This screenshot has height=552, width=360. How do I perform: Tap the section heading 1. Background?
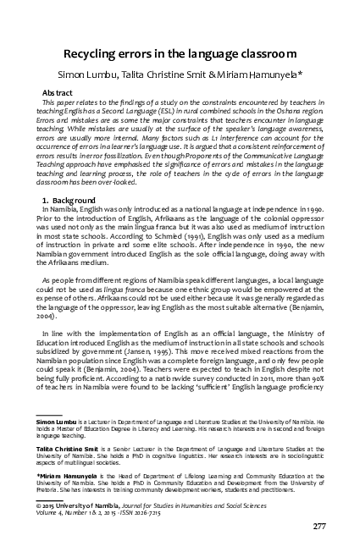pos(72,198)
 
